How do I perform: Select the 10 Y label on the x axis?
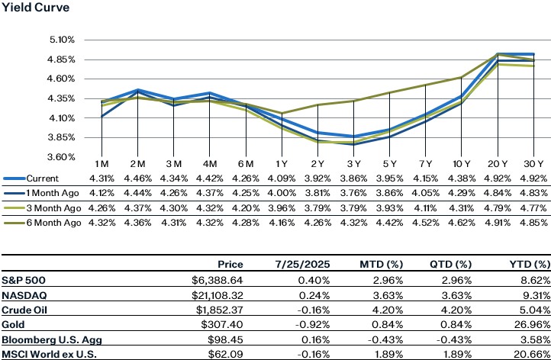461,165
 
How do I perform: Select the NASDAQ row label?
24,294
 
